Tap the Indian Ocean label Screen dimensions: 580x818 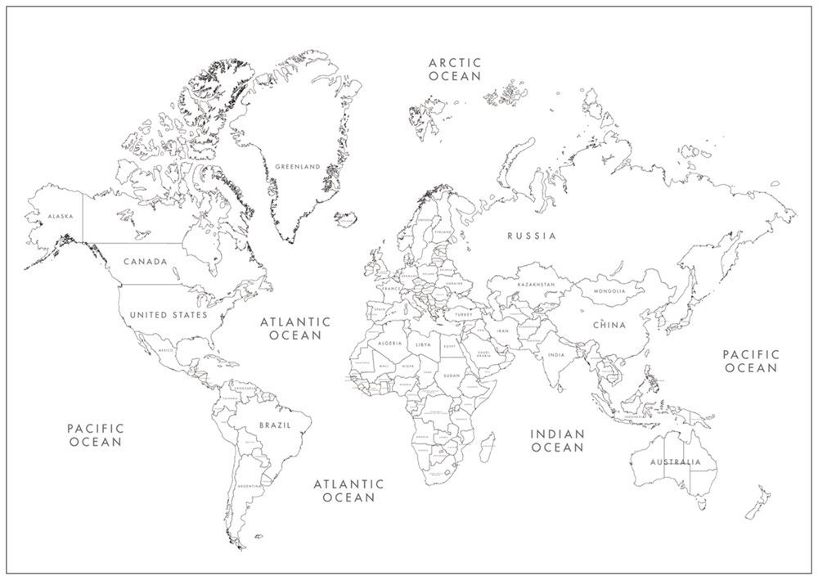(x=558, y=440)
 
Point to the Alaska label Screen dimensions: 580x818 (x=61, y=216)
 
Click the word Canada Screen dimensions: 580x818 (x=146, y=262)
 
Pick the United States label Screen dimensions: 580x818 (x=169, y=314)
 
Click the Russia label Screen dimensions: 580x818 (x=531, y=236)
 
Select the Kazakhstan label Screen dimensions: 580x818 (x=536, y=285)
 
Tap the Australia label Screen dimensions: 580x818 (x=675, y=462)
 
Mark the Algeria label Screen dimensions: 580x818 (x=389, y=344)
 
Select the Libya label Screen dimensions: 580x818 (x=423, y=345)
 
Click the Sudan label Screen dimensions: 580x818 (x=452, y=375)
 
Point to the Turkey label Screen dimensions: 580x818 (x=465, y=314)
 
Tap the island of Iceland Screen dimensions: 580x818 (x=347, y=218)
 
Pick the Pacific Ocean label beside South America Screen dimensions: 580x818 (x=95, y=434)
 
